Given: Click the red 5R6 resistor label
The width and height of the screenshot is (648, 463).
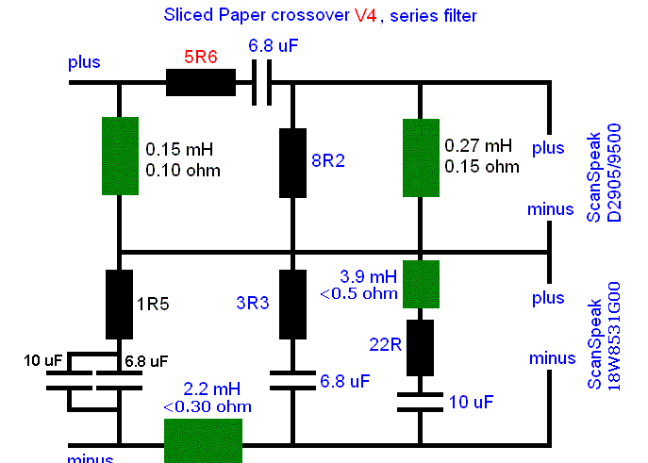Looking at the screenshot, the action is click(200, 57).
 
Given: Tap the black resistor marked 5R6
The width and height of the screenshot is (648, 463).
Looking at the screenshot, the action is click(201, 83).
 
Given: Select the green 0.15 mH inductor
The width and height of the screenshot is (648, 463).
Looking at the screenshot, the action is click(120, 156).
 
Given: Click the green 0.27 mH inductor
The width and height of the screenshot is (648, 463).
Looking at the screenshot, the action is click(421, 157).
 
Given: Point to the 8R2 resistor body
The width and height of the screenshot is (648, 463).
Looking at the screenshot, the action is click(293, 163).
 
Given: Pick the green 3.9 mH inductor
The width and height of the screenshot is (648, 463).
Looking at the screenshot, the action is click(421, 284).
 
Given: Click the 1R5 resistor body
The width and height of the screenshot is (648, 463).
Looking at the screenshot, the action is click(120, 305).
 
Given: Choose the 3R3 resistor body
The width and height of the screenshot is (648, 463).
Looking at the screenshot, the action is click(293, 305).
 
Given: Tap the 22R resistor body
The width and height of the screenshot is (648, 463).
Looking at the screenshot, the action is click(421, 348).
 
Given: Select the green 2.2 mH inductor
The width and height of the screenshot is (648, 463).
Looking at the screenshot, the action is click(204, 440).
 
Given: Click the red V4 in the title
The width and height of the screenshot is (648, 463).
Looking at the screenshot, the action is click(365, 16).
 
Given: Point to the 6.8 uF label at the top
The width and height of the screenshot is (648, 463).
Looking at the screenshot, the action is click(274, 45).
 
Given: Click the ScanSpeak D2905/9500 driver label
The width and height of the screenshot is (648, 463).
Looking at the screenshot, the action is click(604, 173).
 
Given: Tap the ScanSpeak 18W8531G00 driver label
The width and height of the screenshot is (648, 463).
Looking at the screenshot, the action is click(604, 336).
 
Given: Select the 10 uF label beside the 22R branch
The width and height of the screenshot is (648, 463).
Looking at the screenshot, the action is click(471, 402).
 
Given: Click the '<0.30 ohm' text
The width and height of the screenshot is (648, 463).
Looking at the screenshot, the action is click(208, 406).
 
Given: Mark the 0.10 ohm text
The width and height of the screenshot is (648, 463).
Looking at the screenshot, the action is click(183, 170).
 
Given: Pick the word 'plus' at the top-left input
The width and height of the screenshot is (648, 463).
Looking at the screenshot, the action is click(84, 62).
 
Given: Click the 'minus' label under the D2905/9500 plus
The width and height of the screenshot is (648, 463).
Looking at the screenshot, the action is click(551, 209).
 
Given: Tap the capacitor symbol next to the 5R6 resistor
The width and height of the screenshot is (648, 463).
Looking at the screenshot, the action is click(262, 83).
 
